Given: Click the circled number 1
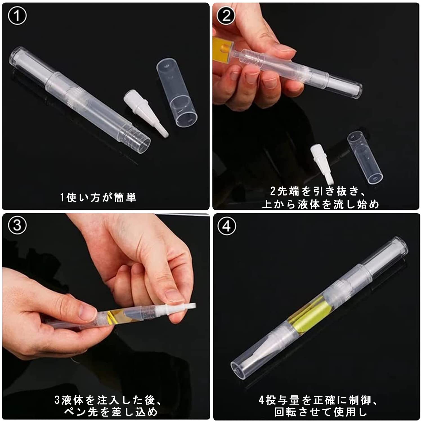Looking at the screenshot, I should click(17, 16).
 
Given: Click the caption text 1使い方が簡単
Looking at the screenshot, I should click(98, 197).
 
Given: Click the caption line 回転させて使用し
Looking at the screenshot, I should click(321, 412).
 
